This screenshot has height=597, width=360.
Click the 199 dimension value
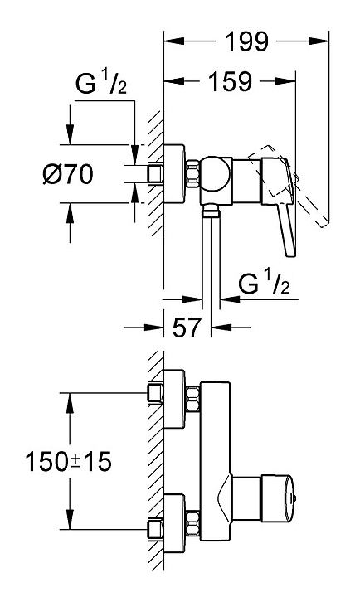click(247, 41)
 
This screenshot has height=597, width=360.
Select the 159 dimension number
click(231, 81)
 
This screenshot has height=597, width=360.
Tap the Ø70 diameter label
click(68, 174)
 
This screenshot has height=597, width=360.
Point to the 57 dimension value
click(187, 327)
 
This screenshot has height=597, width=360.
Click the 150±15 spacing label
click(68, 462)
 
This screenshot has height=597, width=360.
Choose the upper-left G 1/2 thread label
click(101, 84)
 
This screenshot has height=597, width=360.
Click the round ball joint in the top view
click(216, 173)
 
